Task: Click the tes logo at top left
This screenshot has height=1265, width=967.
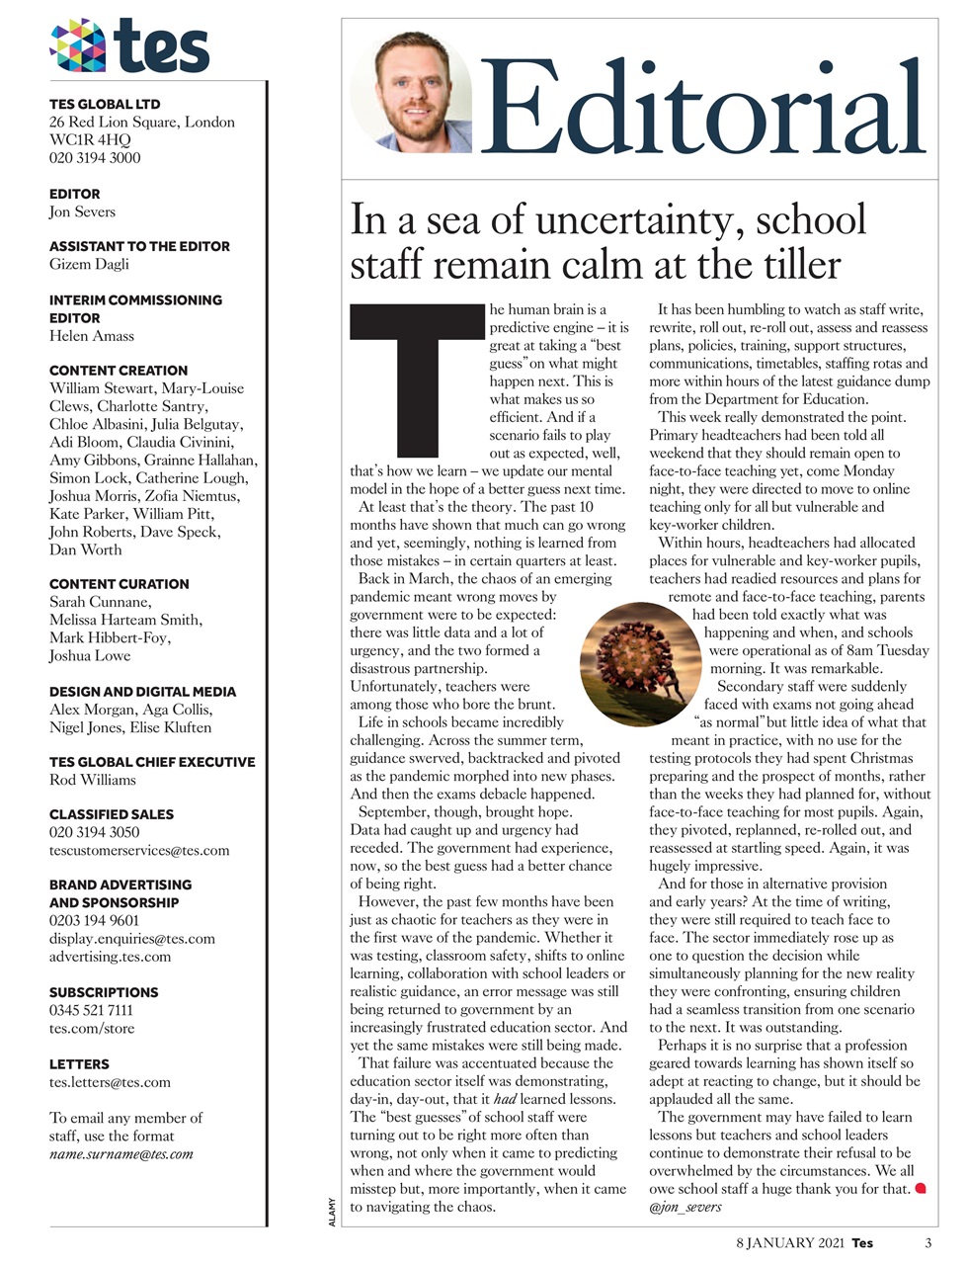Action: pyautogui.click(x=129, y=46)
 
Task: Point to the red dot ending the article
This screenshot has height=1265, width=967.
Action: pyautogui.click(x=921, y=1188)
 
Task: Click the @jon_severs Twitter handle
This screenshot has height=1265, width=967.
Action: pyautogui.click(x=685, y=1207)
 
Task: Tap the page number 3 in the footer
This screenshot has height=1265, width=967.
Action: pyautogui.click(x=927, y=1243)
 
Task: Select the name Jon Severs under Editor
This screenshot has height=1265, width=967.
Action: pyautogui.click(x=82, y=211)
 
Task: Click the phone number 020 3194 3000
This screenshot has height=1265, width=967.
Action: pyautogui.click(x=95, y=157)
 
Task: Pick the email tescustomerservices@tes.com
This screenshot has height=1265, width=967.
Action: pyautogui.click(x=139, y=850)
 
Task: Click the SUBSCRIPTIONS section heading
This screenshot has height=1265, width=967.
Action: pyautogui.click(x=104, y=992)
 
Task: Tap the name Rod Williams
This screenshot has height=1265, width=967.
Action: pyautogui.click(x=93, y=780)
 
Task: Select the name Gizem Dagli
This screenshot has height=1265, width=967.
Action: pyautogui.click(x=89, y=264)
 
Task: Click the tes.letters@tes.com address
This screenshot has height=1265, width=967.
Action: pyautogui.click(x=110, y=1082)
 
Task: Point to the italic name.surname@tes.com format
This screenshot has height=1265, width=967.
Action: pyautogui.click(x=121, y=1153)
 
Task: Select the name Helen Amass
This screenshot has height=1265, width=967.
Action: pyautogui.click(x=91, y=336)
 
